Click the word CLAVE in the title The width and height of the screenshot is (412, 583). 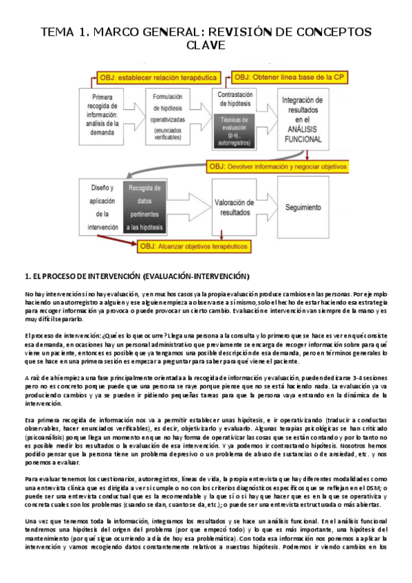tap(206, 45)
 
